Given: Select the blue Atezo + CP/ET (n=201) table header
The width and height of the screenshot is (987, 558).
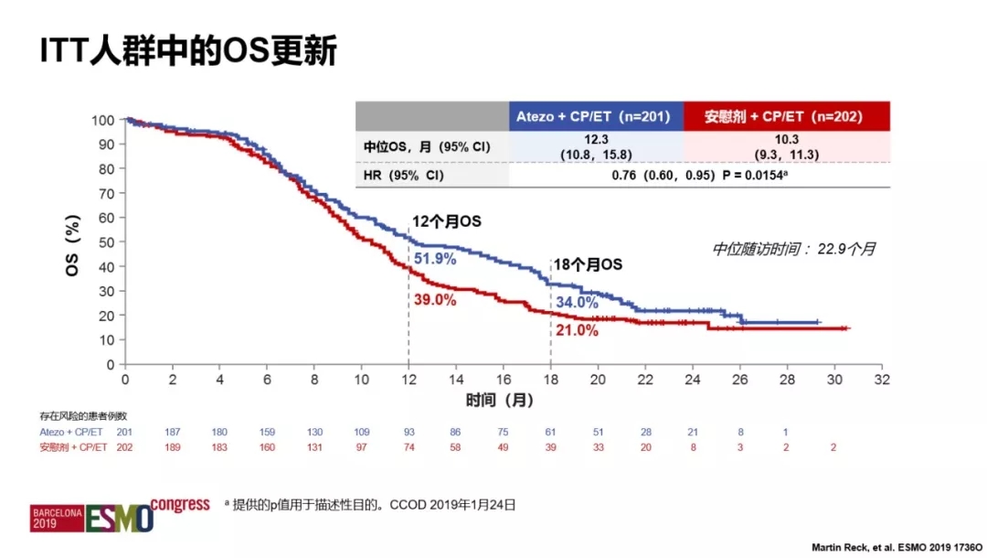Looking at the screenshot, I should (x=595, y=116).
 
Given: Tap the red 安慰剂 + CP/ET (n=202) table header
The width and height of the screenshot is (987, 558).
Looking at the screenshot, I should (x=784, y=116).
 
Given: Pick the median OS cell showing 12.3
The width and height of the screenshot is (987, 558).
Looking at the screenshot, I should (x=595, y=145).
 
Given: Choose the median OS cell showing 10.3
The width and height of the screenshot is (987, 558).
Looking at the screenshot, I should (x=784, y=145).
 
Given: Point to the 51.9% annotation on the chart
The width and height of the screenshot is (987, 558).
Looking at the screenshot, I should (x=435, y=259).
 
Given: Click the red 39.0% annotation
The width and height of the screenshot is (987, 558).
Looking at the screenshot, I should (x=435, y=300).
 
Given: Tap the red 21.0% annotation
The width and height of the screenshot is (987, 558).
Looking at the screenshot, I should (x=577, y=330).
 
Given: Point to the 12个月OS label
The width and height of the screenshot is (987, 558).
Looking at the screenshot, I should (x=446, y=221).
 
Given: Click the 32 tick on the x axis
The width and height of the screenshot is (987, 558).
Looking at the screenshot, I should (x=881, y=379).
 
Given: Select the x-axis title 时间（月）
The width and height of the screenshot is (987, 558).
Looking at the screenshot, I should (x=499, y=400).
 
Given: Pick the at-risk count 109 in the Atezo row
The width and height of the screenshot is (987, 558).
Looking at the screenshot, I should (x=362, y=432).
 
